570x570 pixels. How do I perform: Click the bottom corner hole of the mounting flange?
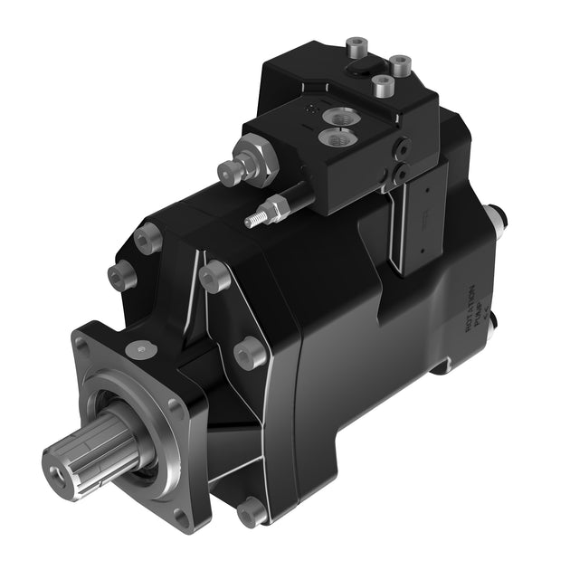(x=181, y=518)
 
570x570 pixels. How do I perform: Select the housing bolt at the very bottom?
(x=252, y=512)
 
